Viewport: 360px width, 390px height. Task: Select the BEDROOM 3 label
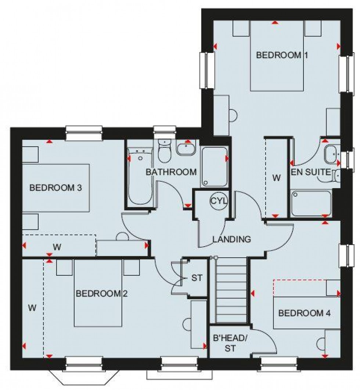coord(55,188)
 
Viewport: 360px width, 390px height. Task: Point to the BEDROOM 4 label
coord(305,313)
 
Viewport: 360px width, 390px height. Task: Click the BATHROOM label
coord(171,172)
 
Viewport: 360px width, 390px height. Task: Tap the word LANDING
coord(232,239)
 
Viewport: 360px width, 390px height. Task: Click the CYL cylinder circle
coord(219,201)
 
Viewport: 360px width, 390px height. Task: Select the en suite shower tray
coord(311,203)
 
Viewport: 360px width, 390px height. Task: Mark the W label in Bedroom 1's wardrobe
coord(276,178)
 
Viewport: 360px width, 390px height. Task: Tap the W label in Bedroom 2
coord(32,308)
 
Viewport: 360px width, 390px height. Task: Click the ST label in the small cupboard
coord(197,278)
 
